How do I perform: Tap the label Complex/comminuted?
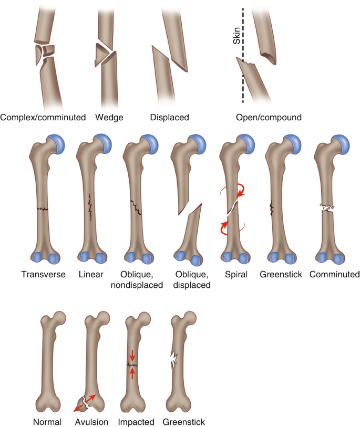(43, 118)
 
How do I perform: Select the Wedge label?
(109, 118)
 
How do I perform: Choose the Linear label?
(90, 274)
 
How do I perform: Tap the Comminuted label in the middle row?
(334, 274)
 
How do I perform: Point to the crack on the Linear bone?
(90, 206)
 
